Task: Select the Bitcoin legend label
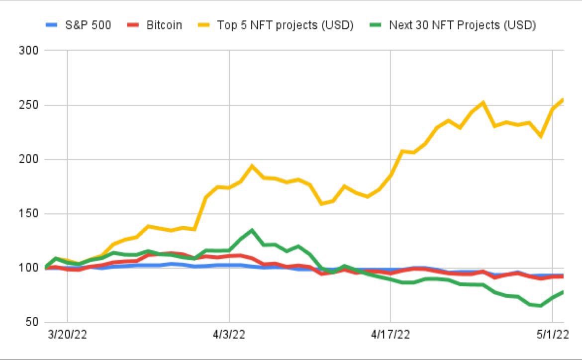164,25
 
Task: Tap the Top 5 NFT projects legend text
285,25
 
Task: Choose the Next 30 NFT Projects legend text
462,25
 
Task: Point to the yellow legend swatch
204,25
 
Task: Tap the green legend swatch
377,25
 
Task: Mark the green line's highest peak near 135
252,230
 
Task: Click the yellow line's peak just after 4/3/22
252,166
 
